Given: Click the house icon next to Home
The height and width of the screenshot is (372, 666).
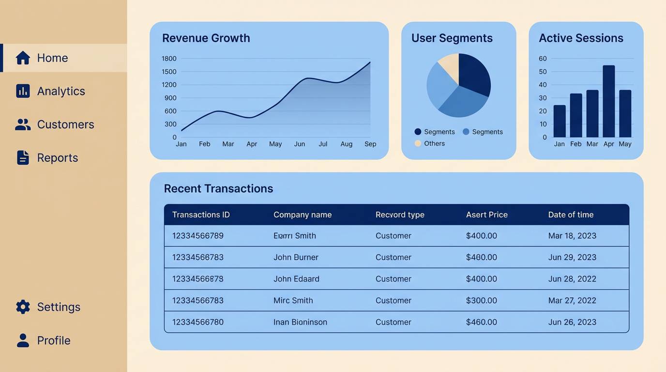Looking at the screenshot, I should coord(23,58).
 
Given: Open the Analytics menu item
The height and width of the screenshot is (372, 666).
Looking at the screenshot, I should coord(61,91).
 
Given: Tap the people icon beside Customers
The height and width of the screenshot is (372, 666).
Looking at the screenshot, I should coord(23,124).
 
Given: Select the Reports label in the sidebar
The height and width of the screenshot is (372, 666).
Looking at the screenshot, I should coord(57,158).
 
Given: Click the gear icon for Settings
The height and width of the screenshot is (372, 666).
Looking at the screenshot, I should coord(23,307).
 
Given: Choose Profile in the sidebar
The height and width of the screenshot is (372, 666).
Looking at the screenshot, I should coord(53,341).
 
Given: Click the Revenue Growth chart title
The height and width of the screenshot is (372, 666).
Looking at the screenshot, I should coord(206,38).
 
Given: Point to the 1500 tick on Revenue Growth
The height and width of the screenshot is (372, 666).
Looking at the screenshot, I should coord(169,72).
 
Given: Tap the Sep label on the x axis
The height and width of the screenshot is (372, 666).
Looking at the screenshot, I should coord(370,144).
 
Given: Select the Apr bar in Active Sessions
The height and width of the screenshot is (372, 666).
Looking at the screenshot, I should coord(608,101).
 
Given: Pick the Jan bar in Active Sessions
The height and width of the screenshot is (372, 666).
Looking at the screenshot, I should coord(559,121).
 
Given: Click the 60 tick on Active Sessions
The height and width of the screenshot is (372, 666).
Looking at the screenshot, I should coord(543,59).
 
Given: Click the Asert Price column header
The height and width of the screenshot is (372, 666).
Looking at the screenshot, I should coord(486,215).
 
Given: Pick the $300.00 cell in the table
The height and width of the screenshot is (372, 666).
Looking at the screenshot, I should coord(481,300).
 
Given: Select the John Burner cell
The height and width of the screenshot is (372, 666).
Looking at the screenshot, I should coord(296,257).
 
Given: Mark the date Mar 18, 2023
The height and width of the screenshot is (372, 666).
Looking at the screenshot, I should coord(572,236).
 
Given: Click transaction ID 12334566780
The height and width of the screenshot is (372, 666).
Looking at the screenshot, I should coord(197,322).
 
